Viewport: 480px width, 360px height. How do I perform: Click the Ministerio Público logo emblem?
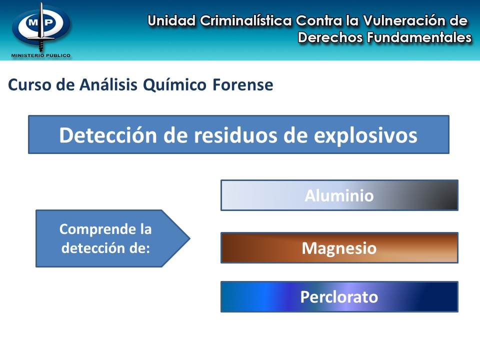pyautogui.click(x=40, y=25)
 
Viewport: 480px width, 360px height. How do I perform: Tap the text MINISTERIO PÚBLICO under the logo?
pyautogui.click(x=40, y=55)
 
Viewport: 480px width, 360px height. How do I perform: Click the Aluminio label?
pyautogui.click(x=339, y=195)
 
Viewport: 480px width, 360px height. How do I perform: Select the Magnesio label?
pyautogui.click(x=339, y=248)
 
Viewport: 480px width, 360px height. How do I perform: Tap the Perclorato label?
pyautogui.click(x=339, y=297)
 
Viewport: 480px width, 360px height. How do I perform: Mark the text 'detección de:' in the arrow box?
pyautogui.click(x=105, y=247)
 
